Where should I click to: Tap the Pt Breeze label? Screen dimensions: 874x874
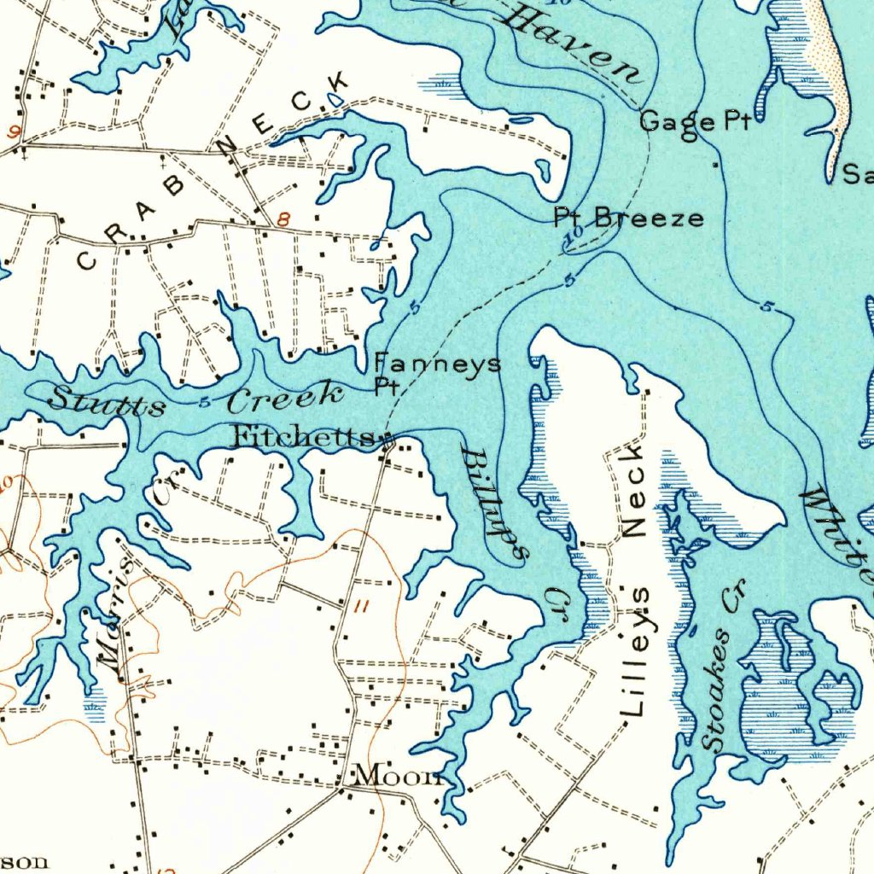point(629,218)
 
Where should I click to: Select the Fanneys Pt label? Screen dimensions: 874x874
point(437,372)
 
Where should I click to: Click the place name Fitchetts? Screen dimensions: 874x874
point(304,438)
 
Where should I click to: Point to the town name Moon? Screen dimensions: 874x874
point(397,776)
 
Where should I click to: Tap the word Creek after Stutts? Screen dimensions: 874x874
point(285,396)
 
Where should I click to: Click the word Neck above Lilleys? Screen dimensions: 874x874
point(634,490)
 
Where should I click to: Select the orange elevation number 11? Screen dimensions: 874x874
point(362,607)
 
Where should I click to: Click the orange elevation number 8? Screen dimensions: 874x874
point(283,219)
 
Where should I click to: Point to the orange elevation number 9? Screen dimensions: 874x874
point(15,131)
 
